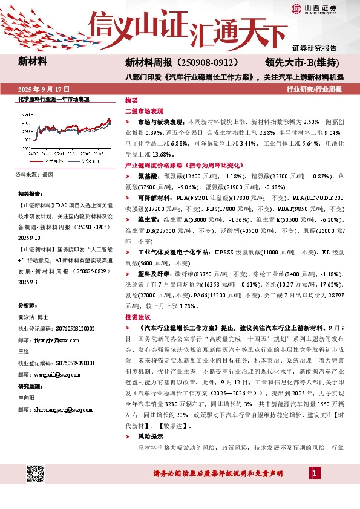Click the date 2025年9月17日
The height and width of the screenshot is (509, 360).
tap(44, 89)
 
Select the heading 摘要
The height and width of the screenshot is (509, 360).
tap(131, 100)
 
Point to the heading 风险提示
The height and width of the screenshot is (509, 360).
tap(149, 436)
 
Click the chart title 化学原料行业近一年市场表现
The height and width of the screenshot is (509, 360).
tap(54, 99)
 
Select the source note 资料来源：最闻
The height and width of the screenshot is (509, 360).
tap(34, 174)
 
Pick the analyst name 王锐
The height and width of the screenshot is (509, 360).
tap(24, 352)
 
